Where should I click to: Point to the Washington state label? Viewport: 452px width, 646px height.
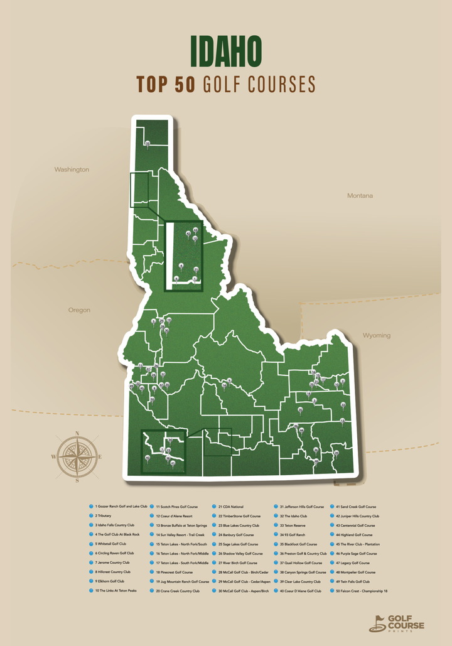[x=72, y=170]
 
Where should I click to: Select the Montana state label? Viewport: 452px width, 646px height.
[x=360, y=196]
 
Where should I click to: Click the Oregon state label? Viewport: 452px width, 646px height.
[x=79, y=310]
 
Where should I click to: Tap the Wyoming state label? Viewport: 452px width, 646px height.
[x=377, y=335]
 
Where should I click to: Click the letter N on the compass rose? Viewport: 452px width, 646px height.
[x=77, y=433]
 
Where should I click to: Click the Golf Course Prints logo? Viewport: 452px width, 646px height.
[x=397, y=623]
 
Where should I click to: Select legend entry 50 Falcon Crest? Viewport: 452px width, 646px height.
[x=364, y=591]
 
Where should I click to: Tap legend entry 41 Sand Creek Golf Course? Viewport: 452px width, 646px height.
[x=358, y=506]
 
